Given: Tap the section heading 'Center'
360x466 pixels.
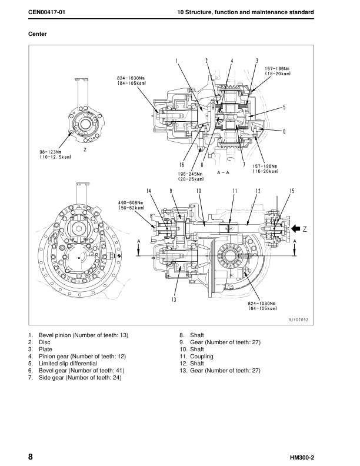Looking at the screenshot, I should [38, 34].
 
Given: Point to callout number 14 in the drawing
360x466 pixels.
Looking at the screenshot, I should [149, 191].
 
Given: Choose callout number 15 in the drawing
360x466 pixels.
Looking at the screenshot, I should [292, 191].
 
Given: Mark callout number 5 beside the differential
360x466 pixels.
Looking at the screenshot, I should [284, 108].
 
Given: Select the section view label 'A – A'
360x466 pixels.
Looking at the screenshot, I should [224, 173].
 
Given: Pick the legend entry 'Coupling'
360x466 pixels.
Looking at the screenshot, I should [201, 356].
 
